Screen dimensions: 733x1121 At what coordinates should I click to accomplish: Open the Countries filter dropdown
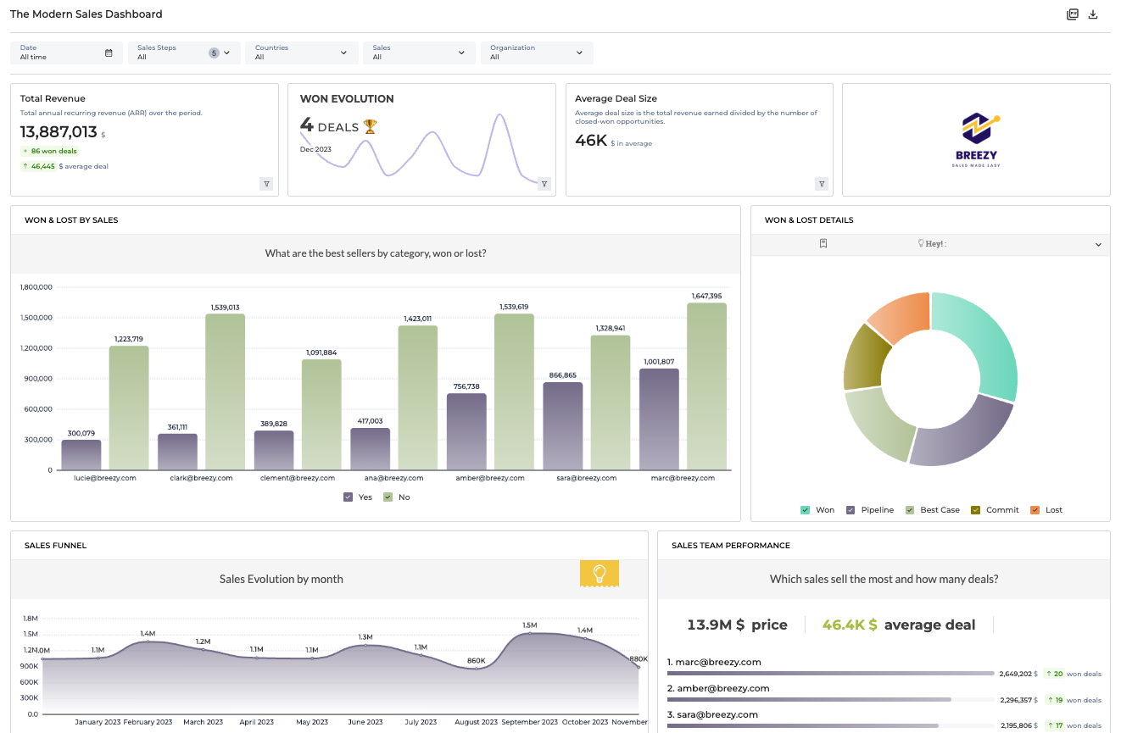coord(301,53)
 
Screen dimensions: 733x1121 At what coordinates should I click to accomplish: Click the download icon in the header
coord(1093,14)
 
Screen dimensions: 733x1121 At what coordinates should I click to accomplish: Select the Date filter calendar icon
coord(109,53)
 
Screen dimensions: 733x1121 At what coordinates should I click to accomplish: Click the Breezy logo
coord(975,139)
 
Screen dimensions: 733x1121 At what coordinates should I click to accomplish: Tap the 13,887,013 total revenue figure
coord(59,131)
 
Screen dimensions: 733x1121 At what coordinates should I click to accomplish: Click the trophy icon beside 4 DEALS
coord(370,126)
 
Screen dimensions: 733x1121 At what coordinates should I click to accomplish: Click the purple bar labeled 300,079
coord(81,454)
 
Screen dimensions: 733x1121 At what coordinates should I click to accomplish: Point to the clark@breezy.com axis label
coord(200,478)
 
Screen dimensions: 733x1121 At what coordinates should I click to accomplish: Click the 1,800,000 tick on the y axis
coord(36,287)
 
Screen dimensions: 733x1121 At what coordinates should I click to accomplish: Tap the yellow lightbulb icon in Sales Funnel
coord(599,574)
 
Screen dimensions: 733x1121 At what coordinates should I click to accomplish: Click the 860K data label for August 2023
coord(477,660)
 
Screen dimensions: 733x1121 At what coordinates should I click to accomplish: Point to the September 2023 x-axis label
coord(529,722)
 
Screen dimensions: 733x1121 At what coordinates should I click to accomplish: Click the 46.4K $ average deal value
coord(850,625)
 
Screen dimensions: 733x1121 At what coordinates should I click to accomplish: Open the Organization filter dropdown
coord(537,53)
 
